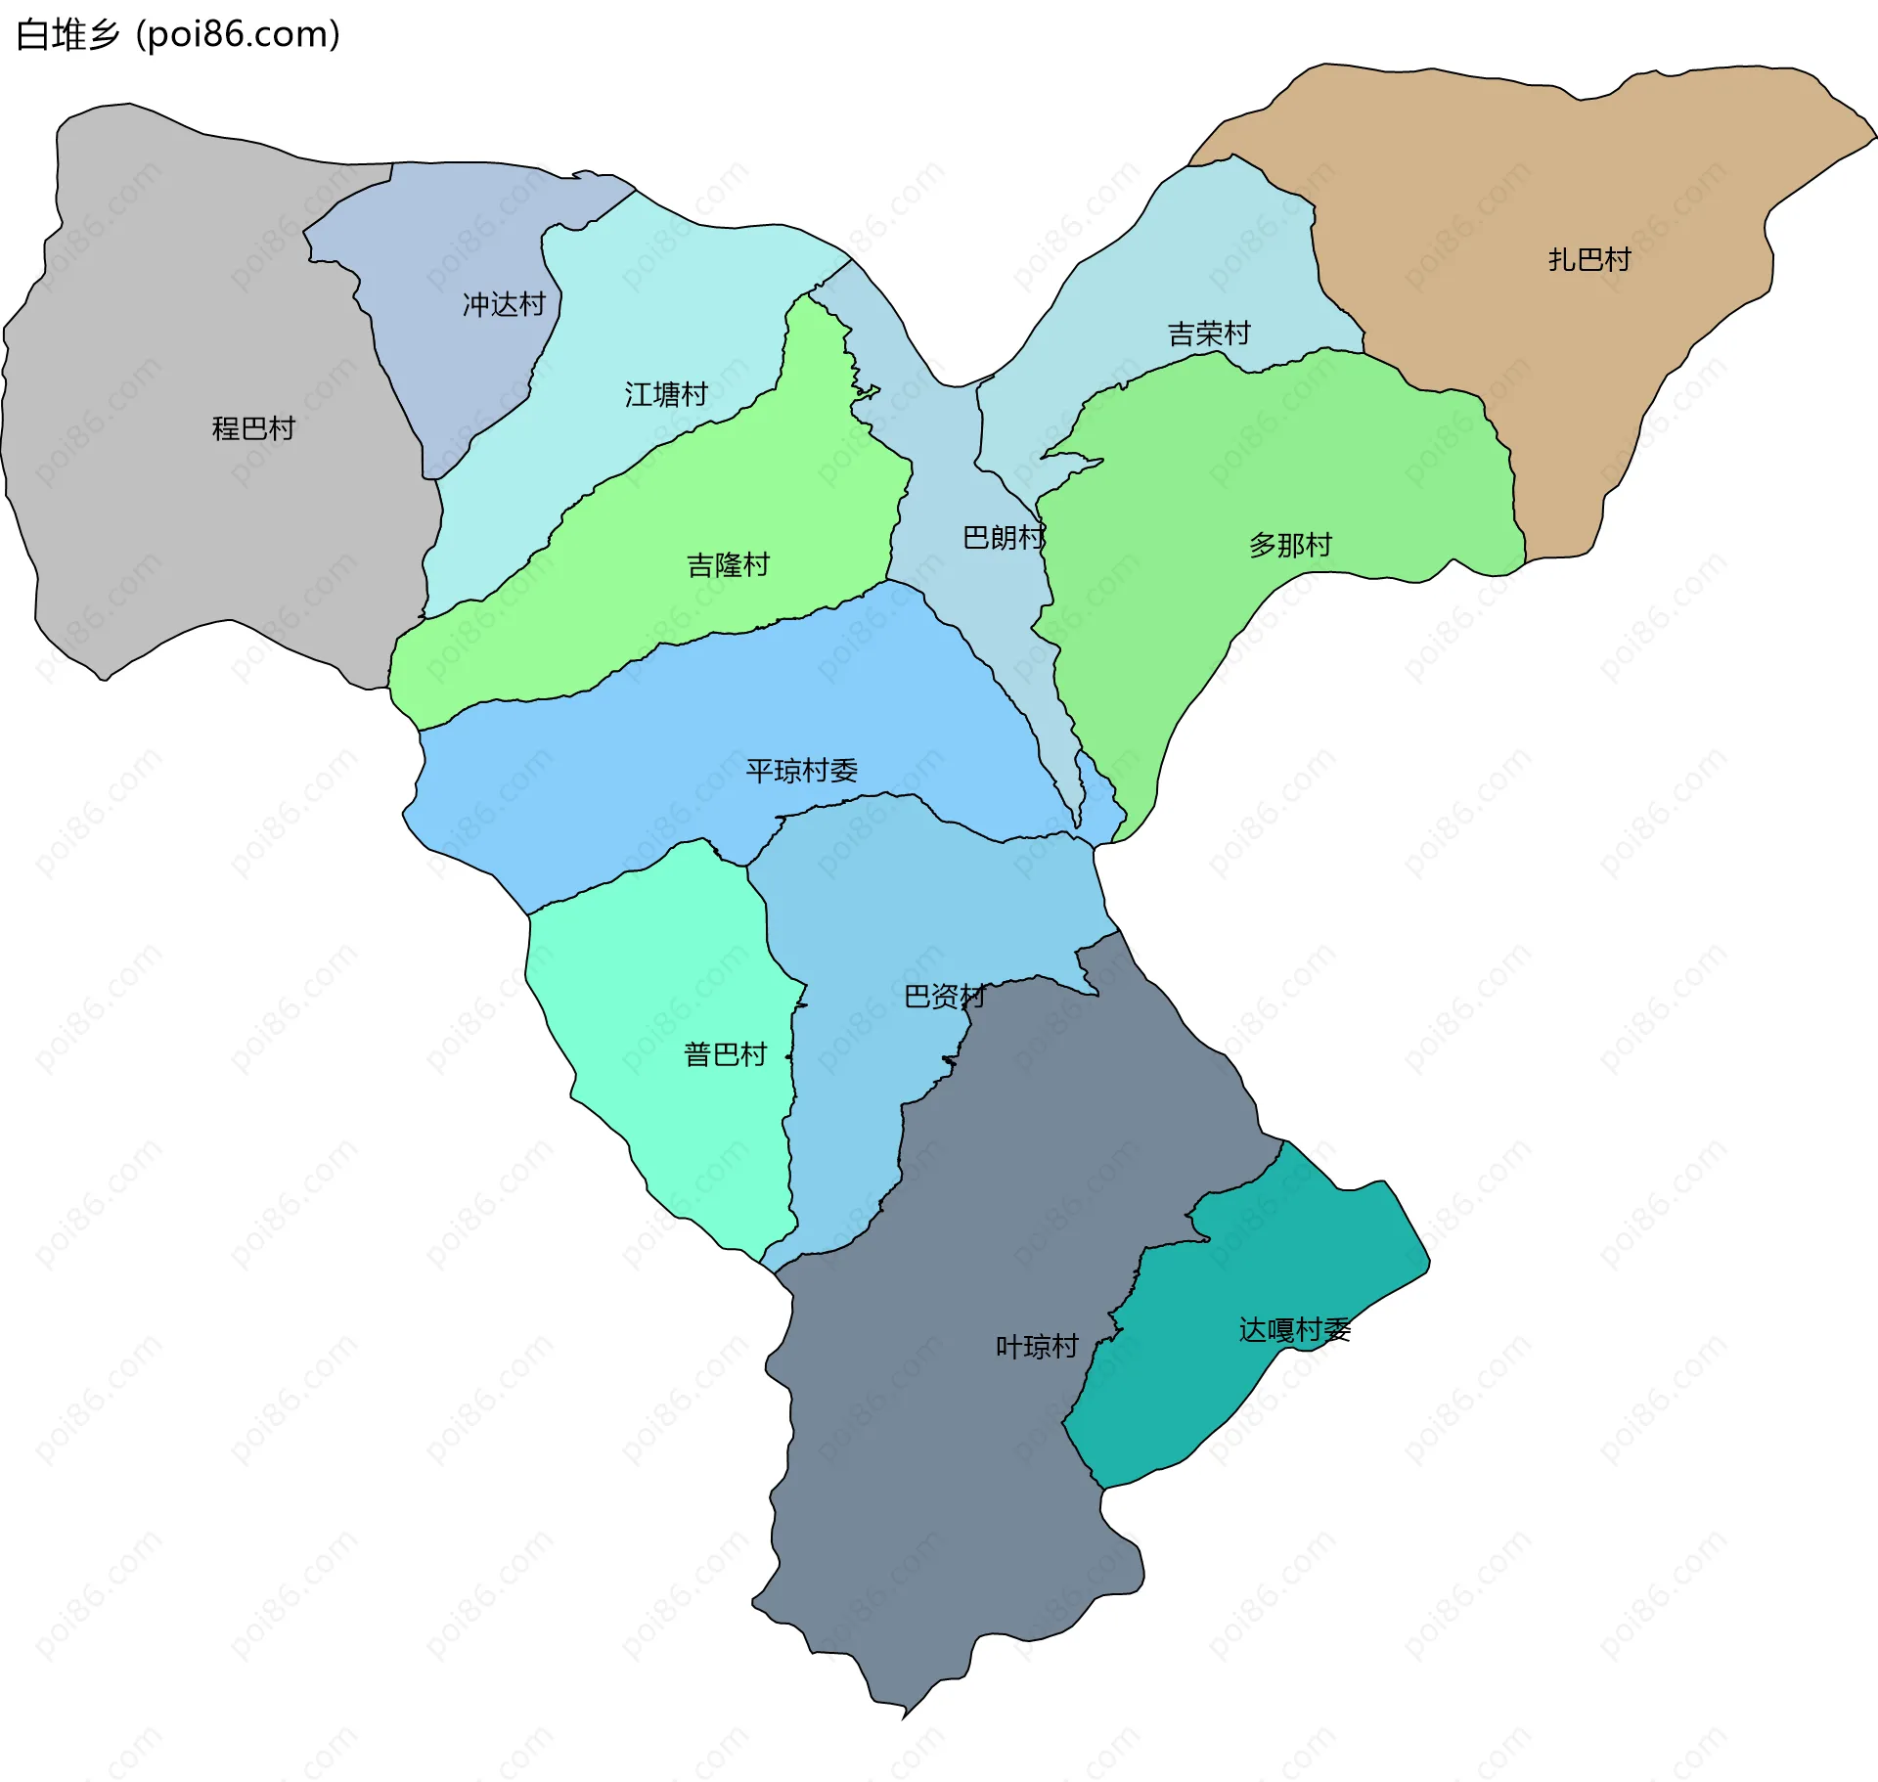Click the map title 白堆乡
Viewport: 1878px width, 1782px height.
point(67,35)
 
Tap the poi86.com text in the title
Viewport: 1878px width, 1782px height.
point(238,35)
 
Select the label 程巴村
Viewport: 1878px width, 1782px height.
point(253,428)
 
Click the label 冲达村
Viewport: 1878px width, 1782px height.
point(504,305)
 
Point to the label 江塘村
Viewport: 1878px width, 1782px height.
point(666,394)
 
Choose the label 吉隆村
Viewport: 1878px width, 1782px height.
point(728,565)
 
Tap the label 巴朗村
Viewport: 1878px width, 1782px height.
point(1004,538)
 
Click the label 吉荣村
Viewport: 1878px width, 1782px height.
point(1209,334)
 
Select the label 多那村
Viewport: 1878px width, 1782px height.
point(1290,545)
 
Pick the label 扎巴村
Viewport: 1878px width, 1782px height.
point(1589,260)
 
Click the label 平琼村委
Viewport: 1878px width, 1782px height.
point(801,771)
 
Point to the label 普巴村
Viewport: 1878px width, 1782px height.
point(725,1054)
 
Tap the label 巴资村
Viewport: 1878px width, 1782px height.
point(944,997)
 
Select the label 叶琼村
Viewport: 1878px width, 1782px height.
point(1037,1347)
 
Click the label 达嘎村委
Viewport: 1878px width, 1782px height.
point(1294,1330)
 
